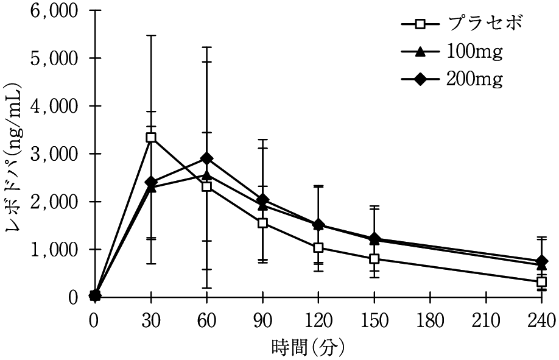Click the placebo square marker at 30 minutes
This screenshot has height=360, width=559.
click(x=151, y=138)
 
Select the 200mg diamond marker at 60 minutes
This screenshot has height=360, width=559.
click(x=207, y=158)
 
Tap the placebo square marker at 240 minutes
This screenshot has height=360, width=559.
click(x=541, y=281)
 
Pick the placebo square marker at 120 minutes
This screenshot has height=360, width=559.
click(x=318, y=248)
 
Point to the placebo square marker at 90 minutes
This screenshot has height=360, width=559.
click(x=262, y=223)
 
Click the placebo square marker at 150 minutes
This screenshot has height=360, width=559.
click(x=374, y=259)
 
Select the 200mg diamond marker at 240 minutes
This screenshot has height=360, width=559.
click(x=541, y=261)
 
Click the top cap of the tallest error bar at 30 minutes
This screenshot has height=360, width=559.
click(x=151, y=36)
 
